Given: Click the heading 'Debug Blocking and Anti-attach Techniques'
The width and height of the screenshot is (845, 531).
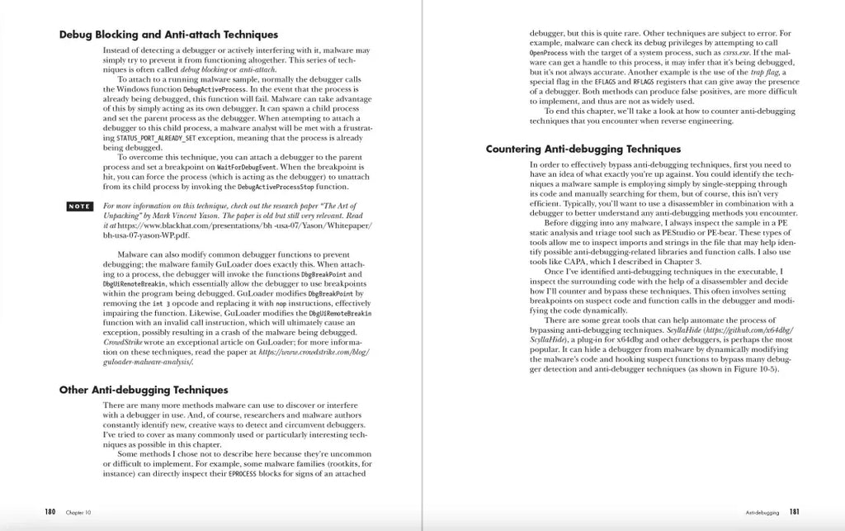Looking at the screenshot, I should (x=168, y=35).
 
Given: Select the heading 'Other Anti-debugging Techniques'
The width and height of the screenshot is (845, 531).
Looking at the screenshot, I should (x=143, y=390).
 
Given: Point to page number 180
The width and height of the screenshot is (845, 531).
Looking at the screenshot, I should (x=50, y=512).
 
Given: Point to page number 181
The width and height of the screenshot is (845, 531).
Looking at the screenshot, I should (x=793, y=512).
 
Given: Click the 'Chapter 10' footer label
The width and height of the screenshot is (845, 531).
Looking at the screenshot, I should (x=78, y=513).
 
